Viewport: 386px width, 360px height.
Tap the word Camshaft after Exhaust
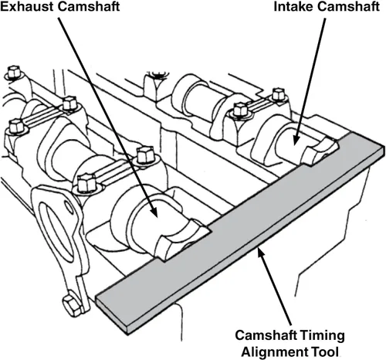(89, 6)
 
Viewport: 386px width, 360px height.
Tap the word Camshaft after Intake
(349, 6)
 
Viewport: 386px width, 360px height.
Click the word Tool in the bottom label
(323, 352)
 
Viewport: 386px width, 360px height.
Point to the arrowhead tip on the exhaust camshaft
(157, 216)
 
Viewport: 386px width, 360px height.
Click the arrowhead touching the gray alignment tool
(260, 252)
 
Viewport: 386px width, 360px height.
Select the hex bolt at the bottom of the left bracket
(72, 306)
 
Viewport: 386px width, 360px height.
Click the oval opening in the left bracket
(55, 232)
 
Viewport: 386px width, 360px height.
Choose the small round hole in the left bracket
(69, 206)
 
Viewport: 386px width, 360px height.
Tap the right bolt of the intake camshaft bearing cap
(279, 95)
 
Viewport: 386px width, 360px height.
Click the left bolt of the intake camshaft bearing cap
(240, 110)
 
